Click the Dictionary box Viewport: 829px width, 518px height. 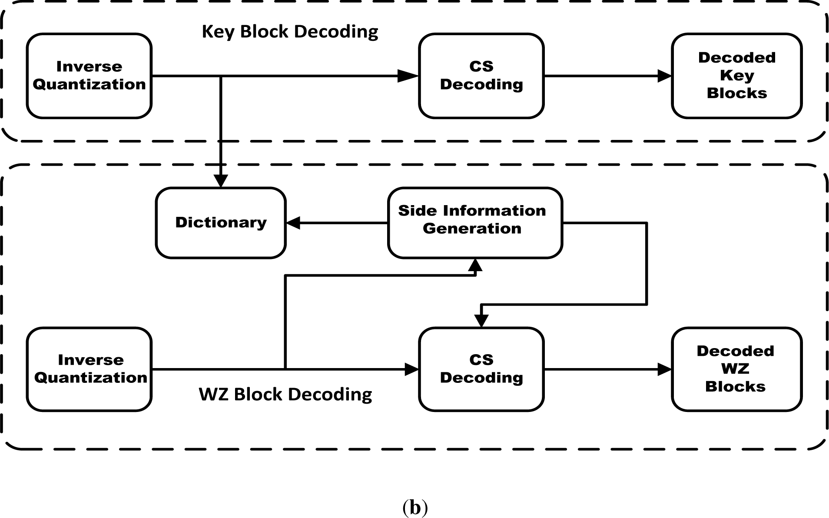221,223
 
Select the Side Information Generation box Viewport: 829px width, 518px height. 475,223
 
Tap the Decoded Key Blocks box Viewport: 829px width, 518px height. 736,76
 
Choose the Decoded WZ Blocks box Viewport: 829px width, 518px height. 736,369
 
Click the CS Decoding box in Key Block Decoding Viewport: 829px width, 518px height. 481,76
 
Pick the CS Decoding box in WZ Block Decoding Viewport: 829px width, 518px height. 481,369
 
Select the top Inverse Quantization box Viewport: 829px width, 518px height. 89,76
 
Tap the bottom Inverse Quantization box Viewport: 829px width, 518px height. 89,369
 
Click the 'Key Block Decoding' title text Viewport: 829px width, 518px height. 290,32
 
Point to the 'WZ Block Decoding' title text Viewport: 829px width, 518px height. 285,395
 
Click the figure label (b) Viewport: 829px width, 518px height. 415,507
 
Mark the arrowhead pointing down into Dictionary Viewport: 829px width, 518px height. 221,181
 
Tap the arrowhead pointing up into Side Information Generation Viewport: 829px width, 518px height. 475,265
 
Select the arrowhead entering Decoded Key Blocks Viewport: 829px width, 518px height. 665,76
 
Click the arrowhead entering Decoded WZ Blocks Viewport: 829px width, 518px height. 665,369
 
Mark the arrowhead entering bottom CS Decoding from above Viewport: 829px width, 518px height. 481,321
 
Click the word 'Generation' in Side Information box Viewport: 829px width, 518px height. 472,229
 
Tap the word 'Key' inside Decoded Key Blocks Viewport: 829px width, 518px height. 737,76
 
